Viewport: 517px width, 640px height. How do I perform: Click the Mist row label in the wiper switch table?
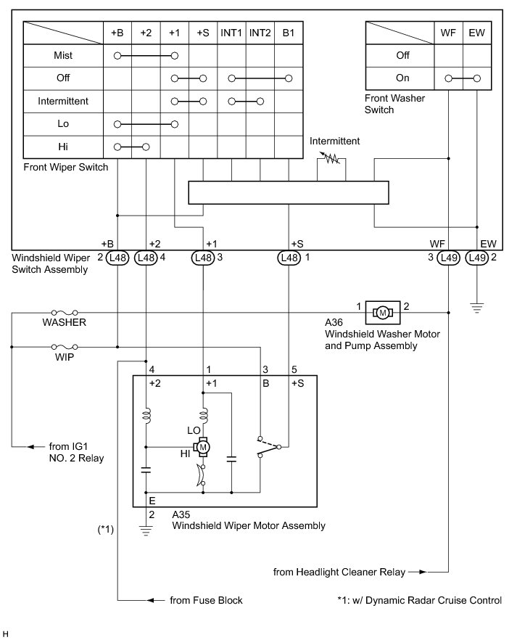[x=62, y=55]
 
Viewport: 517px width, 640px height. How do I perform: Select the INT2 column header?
[x=260, y=33]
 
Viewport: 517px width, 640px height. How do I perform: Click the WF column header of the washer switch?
[x=449, y=33]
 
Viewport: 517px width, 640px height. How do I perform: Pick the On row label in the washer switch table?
[x=402, y=78]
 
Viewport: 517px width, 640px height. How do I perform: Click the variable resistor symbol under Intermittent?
[x=333, y=156]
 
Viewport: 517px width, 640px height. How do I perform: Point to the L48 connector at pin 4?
[x=146, y=257]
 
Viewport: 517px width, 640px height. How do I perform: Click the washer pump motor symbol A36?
[x=382, y=312]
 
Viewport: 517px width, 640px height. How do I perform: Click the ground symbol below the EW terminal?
[x=476, y=307]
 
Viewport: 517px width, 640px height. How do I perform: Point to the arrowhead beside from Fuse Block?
[x=152, y=600]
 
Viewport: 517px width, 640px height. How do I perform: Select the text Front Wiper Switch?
[x=65, y=167]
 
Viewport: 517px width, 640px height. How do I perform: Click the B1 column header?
[x=289, y=33]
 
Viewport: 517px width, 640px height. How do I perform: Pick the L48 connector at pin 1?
[x=290, y=257]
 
